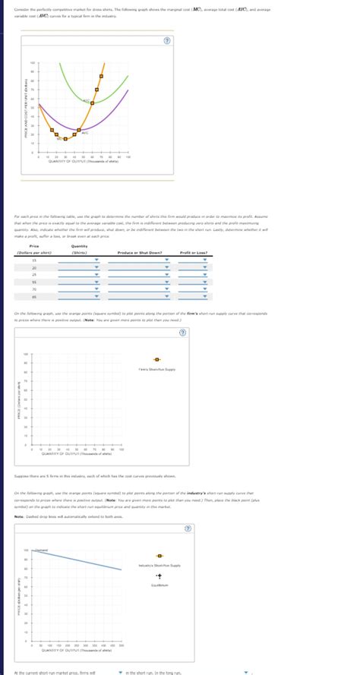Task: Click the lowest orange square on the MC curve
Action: (x=65, y=139)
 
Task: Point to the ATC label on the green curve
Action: (x=87, y=101)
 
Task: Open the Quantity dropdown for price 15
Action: (x=96, y=260)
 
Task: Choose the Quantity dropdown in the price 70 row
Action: (x=96, y=289)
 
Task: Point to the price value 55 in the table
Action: (x=34, y=282)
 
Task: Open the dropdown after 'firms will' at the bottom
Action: (x=120, y=671)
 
